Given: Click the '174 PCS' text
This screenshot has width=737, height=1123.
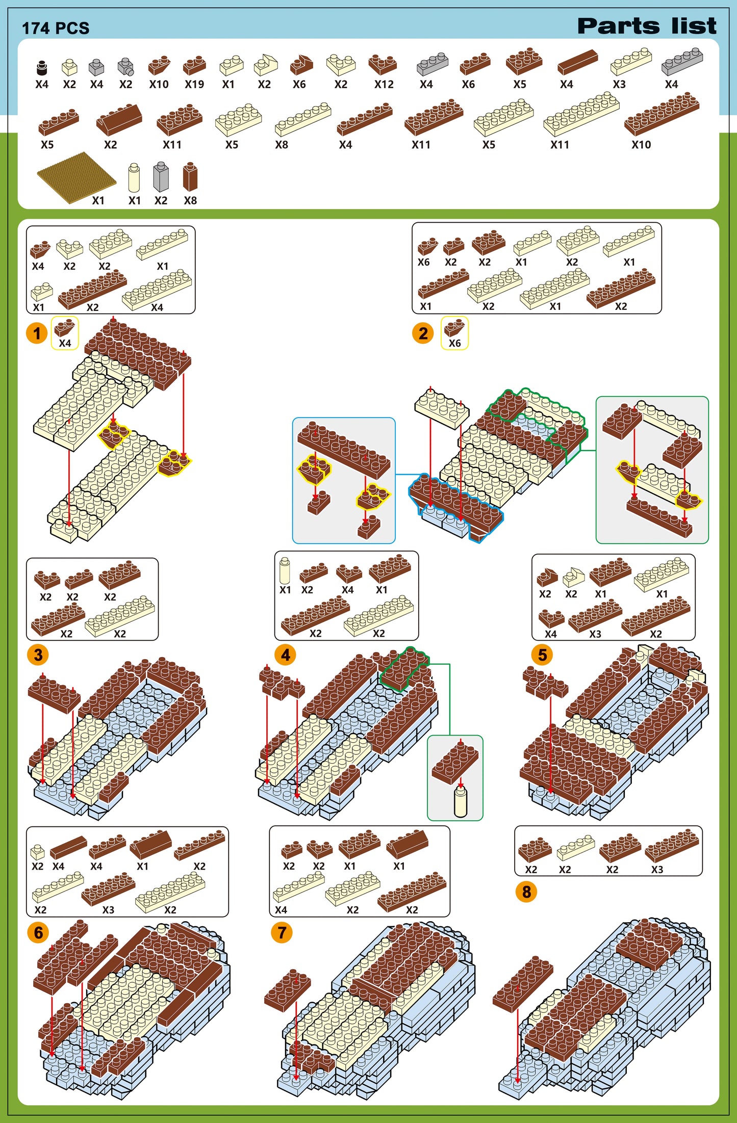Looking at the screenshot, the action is (56, 28).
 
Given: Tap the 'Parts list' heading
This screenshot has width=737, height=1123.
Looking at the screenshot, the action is (647, 26).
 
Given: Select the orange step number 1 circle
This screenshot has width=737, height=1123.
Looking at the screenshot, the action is (37, 333).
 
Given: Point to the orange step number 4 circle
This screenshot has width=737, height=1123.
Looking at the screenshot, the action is (285, 655).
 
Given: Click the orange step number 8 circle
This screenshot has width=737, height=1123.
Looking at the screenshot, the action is (526, 892).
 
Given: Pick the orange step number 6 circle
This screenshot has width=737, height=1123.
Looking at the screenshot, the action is (38, 932).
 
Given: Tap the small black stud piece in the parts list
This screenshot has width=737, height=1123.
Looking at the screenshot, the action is (42, 67).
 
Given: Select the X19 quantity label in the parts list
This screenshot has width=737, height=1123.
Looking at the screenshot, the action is (194, 85).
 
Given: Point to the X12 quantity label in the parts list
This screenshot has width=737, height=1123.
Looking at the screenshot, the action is (384, 85).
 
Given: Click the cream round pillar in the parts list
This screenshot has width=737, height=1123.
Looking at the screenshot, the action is (134, 177).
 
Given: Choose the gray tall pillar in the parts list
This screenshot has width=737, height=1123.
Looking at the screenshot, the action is (161, 177).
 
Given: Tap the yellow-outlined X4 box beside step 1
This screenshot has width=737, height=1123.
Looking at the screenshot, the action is (65, 333).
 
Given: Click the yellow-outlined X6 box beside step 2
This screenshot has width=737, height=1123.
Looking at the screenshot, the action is (454, 333).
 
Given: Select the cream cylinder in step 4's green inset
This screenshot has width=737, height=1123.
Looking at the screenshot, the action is (461, 800).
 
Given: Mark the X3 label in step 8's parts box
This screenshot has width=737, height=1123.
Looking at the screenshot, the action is (657, 870).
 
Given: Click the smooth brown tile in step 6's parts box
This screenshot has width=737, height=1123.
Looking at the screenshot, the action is (68, 847).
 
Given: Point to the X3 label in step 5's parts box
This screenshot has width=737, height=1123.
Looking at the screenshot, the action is (595, 634).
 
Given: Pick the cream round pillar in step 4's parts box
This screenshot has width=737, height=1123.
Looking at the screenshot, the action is (285, 571).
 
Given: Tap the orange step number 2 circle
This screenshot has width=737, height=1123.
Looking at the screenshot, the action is (423, 333).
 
